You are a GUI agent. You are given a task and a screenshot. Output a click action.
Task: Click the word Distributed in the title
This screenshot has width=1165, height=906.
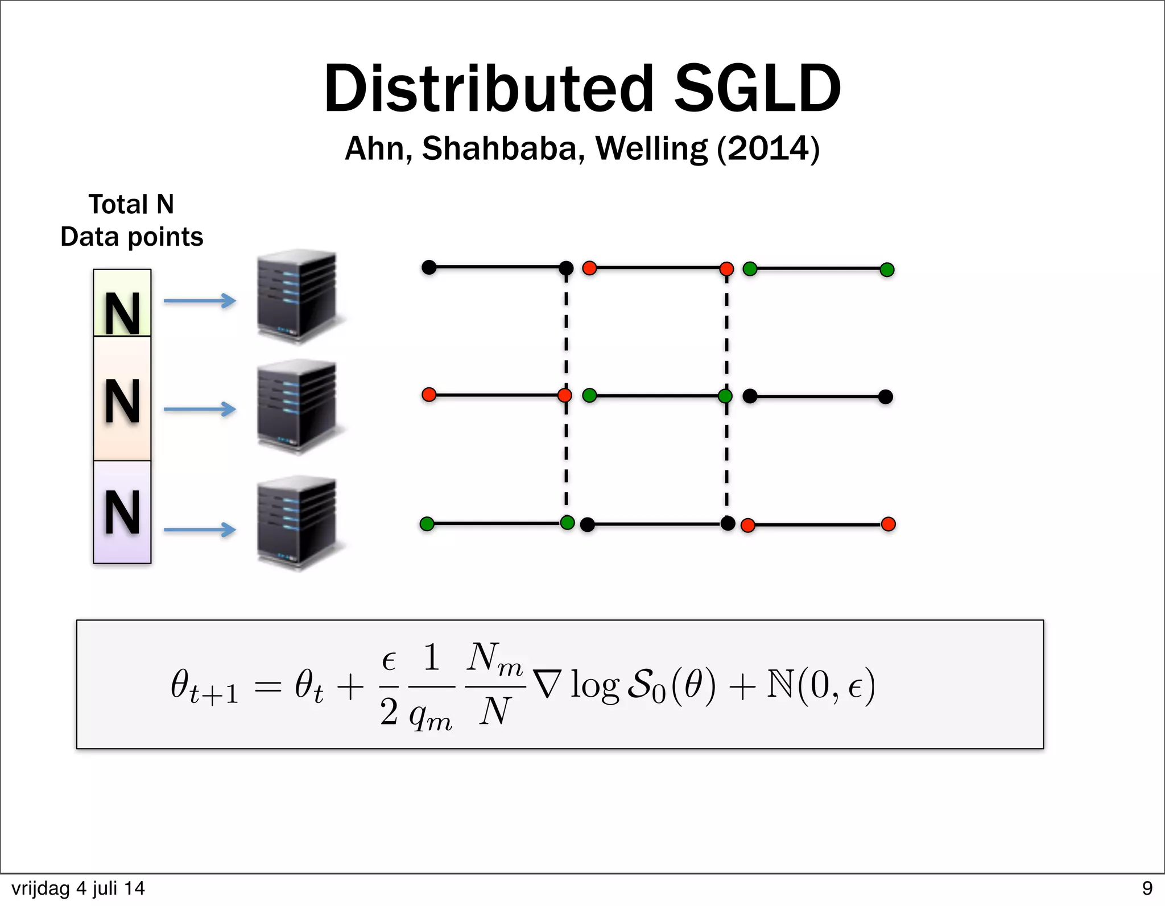[x=489, y=89]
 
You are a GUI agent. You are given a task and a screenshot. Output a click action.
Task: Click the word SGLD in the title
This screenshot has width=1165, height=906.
[x=757, y=89]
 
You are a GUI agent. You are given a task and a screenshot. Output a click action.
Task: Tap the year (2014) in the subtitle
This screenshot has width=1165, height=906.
[x=768, y=148]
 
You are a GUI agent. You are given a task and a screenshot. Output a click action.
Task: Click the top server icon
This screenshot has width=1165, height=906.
[x=297, y=296]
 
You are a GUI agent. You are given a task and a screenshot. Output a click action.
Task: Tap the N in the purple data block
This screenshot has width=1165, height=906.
[x=122, y=513]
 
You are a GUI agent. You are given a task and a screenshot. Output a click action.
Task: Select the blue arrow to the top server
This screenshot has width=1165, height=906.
[x=200, y=300]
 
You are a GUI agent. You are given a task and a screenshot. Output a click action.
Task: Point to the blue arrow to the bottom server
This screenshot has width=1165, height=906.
[x=200, y=529]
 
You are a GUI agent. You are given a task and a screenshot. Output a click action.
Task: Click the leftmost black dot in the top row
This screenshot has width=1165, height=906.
[x=429, y=267]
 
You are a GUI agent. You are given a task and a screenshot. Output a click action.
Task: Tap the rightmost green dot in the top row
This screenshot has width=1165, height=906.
[x=887, y=270]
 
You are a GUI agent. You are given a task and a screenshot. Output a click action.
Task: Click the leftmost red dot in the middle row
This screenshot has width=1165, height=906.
[x=429, y=394]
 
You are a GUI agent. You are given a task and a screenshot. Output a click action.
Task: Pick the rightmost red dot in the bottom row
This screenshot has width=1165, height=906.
[x=888, y=524]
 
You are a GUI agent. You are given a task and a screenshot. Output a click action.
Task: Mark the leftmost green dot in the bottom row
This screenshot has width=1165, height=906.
[x=427, y=523]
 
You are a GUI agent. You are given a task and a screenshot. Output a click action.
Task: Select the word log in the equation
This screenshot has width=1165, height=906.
[x=594, y=685]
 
